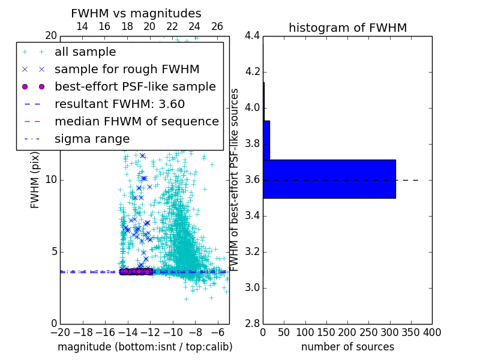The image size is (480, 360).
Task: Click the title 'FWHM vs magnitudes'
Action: (136, 13)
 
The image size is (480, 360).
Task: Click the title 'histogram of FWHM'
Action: (347, 28)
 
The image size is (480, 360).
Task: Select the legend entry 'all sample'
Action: (85, 52)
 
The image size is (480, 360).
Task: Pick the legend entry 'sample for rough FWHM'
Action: (127, 70)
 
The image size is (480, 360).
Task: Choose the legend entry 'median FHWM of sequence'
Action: (136, 122)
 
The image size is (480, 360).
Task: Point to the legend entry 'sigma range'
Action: (92, 139)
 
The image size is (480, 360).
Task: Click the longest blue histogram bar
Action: (329, 179)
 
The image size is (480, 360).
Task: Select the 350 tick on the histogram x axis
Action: (410, 332)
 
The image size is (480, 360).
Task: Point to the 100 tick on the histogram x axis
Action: (305, 332)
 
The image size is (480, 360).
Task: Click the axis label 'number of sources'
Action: (347, 347)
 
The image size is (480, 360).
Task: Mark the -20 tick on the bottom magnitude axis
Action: (60, 332)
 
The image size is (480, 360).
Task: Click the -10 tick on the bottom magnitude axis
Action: (173, 332)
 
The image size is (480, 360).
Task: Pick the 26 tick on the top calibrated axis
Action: (217, 26)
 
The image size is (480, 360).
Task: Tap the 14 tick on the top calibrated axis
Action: (82, 26)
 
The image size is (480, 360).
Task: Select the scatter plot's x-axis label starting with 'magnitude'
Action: (145, 347)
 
